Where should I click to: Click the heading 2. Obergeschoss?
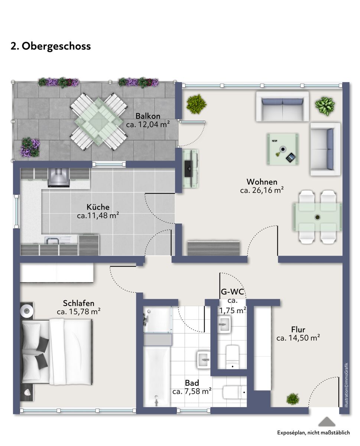click(51, 46)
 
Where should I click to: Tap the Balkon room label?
click(148, 116)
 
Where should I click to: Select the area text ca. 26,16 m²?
click(262, 190)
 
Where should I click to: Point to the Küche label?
click(98, 207)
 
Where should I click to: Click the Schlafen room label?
click(78, 303)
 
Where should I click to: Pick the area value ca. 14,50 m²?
click(298, 338)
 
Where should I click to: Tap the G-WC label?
click(233, 292)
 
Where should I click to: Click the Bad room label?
click(192, 383)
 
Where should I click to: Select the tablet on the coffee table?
click(291, 158)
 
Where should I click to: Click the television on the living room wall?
click(188, 168)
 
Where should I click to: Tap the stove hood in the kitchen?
click(59, 177)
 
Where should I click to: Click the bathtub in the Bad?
click(157, 376)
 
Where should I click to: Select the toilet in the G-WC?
click(233, 357)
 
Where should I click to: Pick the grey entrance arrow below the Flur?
click(327, 421)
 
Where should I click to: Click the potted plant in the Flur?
click(292, 399)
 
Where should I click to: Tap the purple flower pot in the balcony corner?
click(30, 147)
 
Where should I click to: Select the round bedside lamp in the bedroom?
click(26, 311)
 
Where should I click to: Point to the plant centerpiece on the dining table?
click(317, 217)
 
